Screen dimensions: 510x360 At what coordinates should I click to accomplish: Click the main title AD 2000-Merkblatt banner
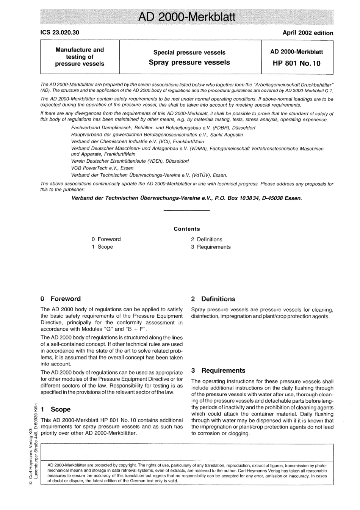pos(186,17)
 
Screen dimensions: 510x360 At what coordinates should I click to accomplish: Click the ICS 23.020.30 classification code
pos(60,33)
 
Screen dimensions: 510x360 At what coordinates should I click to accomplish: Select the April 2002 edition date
pos(308,33)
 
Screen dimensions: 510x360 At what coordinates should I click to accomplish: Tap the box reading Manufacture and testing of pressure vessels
pos(80,56)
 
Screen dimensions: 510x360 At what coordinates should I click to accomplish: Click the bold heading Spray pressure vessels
pos(189,63)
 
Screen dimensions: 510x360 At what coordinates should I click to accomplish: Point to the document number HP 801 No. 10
pos(296,63)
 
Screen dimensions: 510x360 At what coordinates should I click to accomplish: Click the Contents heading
pos(186,229)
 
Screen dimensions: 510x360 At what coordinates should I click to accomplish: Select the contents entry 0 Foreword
pos(106,239)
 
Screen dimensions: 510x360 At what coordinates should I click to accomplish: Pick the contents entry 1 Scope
pos(102,247)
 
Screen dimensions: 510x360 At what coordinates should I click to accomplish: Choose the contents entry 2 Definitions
pos(207,239)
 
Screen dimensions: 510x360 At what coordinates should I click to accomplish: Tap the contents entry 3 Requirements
pos(211,247)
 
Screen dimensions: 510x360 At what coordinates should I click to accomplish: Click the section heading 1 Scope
pos(56,410)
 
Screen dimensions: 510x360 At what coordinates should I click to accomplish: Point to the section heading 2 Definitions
pos(213,299)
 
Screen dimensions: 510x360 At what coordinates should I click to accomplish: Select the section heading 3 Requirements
pos(218,370)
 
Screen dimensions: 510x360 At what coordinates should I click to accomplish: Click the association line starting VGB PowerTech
pos(102,168)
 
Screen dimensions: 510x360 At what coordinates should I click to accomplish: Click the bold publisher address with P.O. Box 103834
pos(186,198)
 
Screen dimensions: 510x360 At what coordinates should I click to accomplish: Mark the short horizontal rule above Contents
pos(186,210)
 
